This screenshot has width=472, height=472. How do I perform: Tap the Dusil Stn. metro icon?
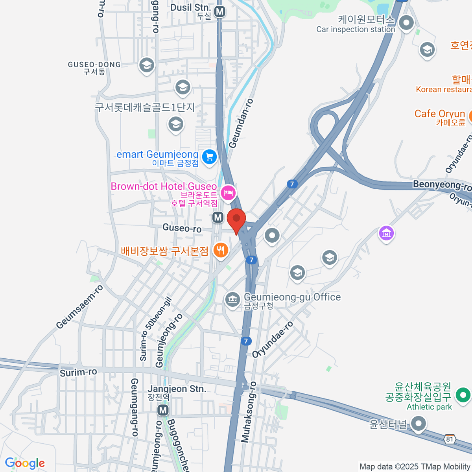220,12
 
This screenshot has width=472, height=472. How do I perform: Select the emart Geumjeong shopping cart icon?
209,157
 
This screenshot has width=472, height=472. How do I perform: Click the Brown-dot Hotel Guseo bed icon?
228,192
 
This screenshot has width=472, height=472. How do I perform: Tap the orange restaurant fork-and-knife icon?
220,250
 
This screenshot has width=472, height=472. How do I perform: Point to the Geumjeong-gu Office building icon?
232,299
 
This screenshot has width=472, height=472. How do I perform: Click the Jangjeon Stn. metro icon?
163,411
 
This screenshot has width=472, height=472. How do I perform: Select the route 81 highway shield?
450,439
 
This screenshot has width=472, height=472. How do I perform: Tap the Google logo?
25,463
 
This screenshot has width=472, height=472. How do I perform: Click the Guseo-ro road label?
182,228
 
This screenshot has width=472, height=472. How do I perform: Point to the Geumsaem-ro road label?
79,307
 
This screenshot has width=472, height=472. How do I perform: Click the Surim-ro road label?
78,372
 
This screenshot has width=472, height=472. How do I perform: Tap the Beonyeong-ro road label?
442,185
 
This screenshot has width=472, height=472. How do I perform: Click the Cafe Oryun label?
440,114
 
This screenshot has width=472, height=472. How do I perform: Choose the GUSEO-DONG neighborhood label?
94,65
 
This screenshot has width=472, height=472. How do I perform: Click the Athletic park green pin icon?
463,395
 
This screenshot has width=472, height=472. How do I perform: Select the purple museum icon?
386,233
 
